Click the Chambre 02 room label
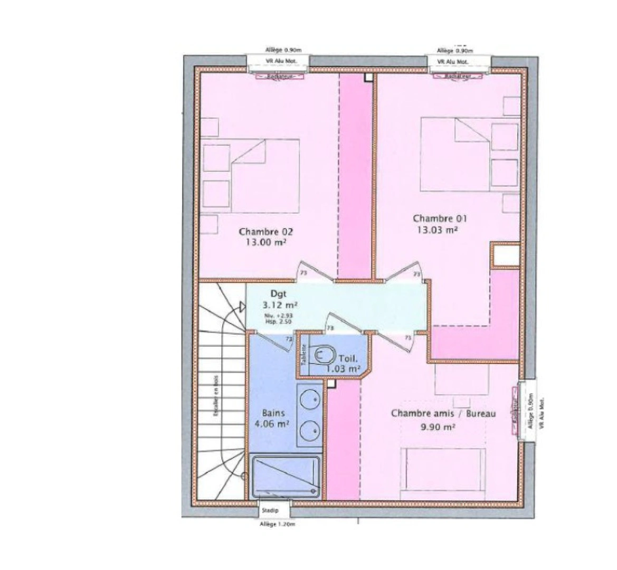265,232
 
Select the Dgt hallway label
279,294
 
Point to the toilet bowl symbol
322,355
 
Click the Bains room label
274,413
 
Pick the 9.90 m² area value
438,427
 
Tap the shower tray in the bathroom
286,476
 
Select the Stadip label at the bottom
273,511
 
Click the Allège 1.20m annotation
277,524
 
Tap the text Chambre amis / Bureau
443,414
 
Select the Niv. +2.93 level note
279,316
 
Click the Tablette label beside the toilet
304,356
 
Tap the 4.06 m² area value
275,423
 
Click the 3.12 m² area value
279,305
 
